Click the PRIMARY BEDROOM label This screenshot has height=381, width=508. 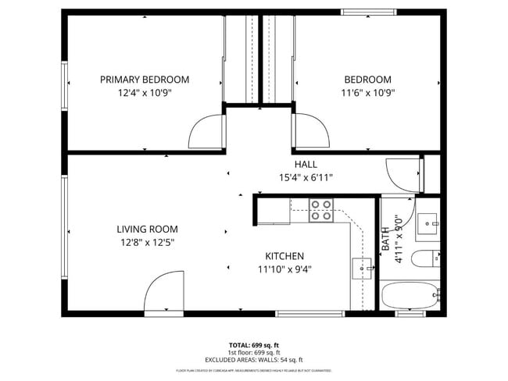point(145,80)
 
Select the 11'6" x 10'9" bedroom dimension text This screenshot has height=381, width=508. point(369,92)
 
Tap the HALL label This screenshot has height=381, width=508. point(306,165)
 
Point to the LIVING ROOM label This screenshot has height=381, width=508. point(147,230)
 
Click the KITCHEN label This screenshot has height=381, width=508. point(284,256)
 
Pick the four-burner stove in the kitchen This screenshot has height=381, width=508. point(321,210)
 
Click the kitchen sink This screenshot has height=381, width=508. point(362,269)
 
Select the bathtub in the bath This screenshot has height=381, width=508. point(410,297)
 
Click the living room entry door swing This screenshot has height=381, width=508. point(163,294)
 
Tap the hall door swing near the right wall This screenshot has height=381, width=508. point(403,173)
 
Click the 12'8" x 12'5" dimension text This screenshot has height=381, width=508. point(147,242)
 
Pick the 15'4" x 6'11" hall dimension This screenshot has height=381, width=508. point(306,177)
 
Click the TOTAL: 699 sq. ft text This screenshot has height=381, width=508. point(253,344)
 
